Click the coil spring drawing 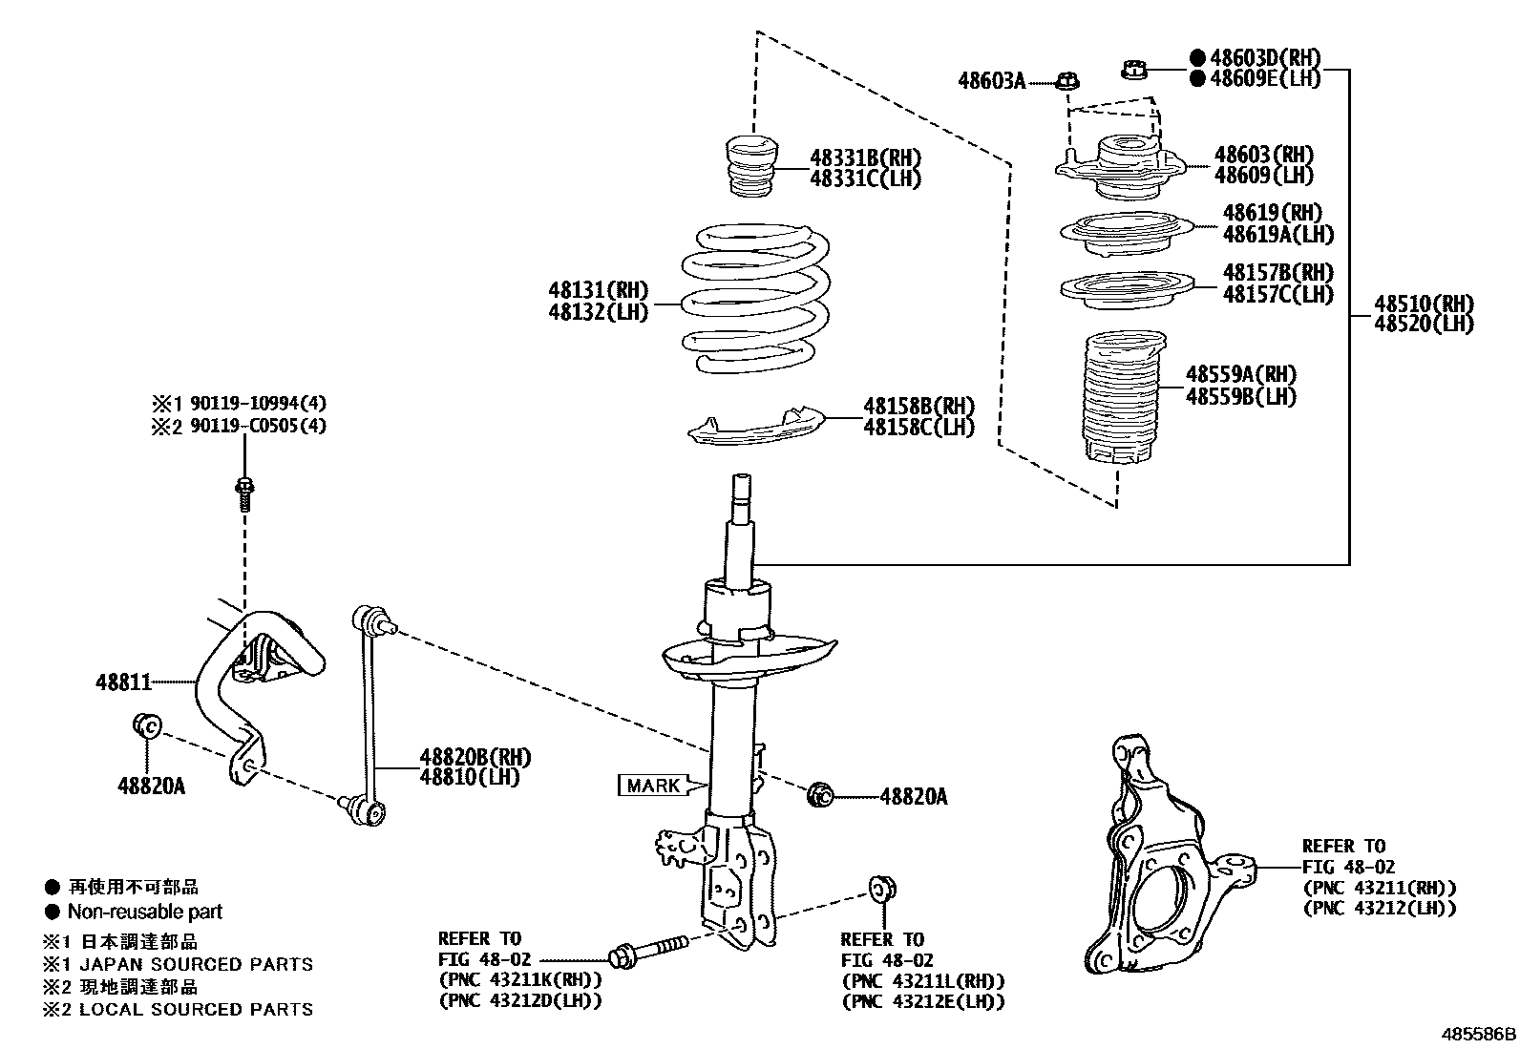(x=754, y=298)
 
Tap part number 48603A (x=991, y=81)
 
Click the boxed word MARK (x=653, y=786)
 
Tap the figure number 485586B (x=1478, y=1034)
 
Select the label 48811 (x=123, y=682)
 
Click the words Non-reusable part (x=144, y=912)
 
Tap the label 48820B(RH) (x=475, y=757)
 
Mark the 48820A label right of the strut (x=913, y=796)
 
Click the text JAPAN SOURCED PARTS (x=196, y=964)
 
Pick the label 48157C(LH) (x=1277, y=294)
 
